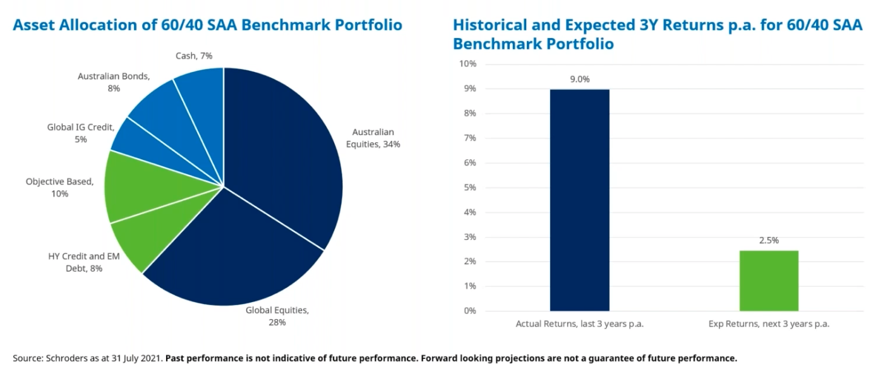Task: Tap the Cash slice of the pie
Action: tap(202, 95)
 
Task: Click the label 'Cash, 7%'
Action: tap(194, 56)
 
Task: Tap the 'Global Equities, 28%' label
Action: tap(277, 316)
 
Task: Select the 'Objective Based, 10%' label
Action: tap(59, 188)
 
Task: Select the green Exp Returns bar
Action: tap(769, 281)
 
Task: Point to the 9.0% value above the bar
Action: tap(579, 80)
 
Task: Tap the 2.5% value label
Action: tap(769, 241)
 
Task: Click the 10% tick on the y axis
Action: tap(467, 64)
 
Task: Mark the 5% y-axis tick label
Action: tap(469, 188)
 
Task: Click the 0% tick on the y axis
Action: tap(469, 311)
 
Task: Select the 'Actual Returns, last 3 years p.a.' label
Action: tap(579, 324)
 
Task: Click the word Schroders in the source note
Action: tap(68, 358)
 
